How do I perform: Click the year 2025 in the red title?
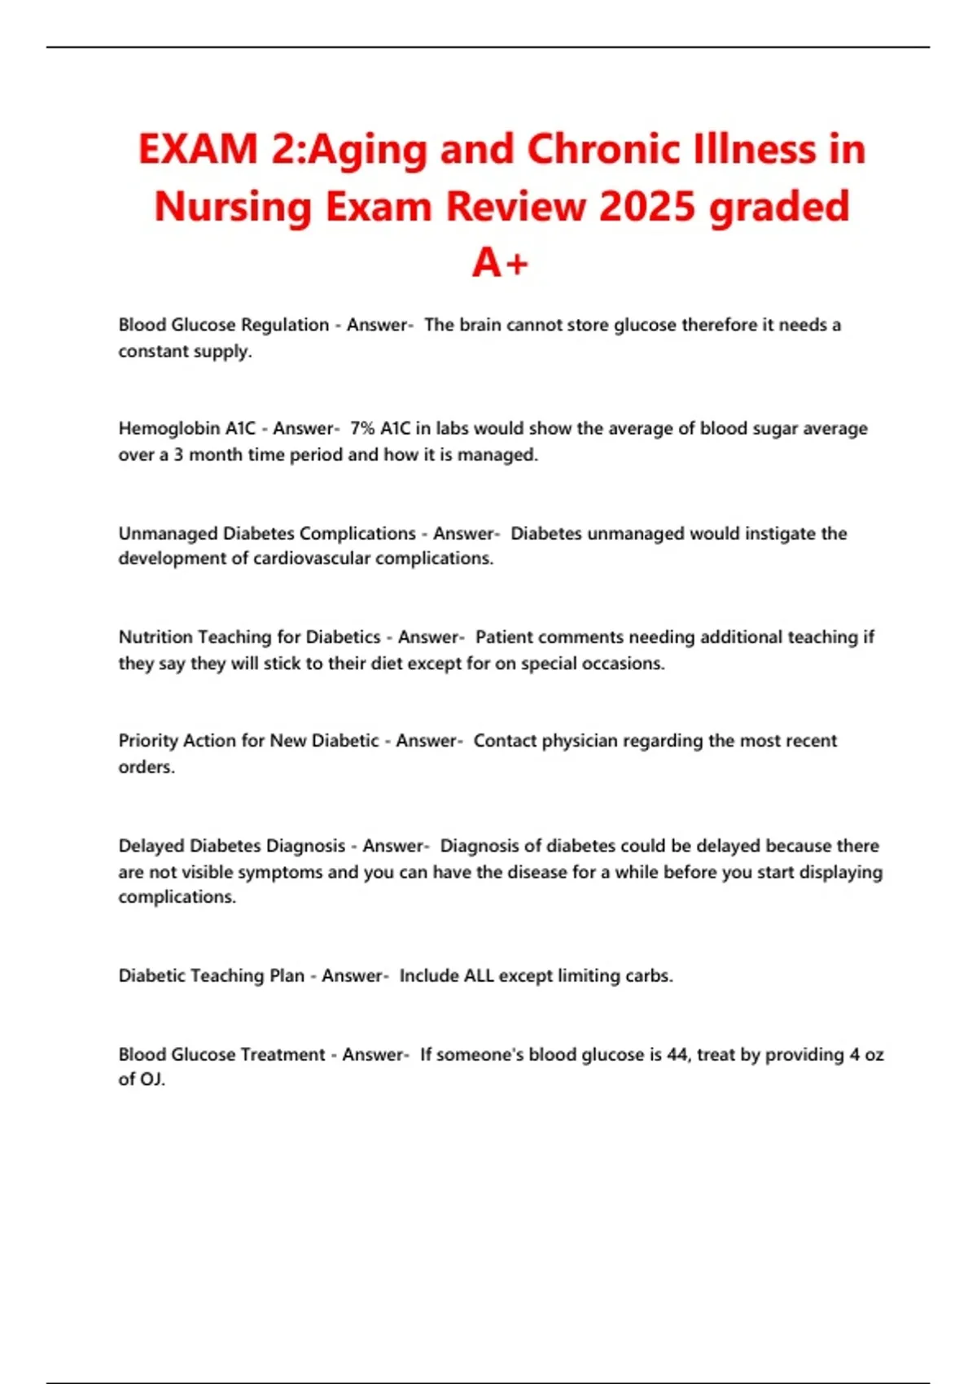[x=648, y=206]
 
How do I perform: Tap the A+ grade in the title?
[x=500, y=263]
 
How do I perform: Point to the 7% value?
[x=362, y=428]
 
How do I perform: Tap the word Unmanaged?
[x=168, y=533]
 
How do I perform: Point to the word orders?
[x=146, y=767]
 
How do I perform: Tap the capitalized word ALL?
[x=479, y=975]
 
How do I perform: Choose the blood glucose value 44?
[x=677, y=1054]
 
